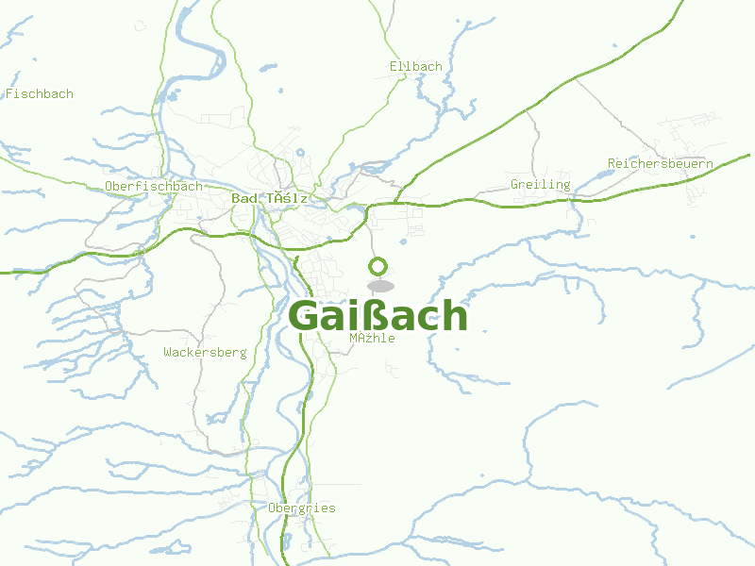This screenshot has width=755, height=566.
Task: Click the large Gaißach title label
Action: point(377,316)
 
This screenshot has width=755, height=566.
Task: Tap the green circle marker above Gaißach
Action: point(378,266)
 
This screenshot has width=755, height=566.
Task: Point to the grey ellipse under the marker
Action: point(380,286)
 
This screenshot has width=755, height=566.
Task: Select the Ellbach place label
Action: point(415,66)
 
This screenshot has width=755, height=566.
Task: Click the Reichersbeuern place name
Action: point(661,163)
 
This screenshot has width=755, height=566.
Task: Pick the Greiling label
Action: point(540,184)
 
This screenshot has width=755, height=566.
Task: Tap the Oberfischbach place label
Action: point(154,186)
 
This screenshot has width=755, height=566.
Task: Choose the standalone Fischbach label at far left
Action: point(40,93)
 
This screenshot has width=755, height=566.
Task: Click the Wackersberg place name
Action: point(205,352)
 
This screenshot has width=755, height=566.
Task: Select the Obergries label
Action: point(302,508)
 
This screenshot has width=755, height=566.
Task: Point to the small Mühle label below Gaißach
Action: point(372,338)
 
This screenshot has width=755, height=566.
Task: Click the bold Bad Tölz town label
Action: point(269,198)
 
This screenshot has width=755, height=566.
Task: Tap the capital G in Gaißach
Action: point(304,317)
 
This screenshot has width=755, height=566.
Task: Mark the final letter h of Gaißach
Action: point(455,316)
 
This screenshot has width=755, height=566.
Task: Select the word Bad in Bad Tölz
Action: point(243,198)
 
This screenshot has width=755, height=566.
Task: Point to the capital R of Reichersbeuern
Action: point(612,163)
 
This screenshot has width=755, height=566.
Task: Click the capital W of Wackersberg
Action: point(167,352)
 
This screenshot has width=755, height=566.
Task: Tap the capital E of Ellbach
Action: point(394,66)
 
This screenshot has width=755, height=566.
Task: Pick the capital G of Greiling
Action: point(514,184)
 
